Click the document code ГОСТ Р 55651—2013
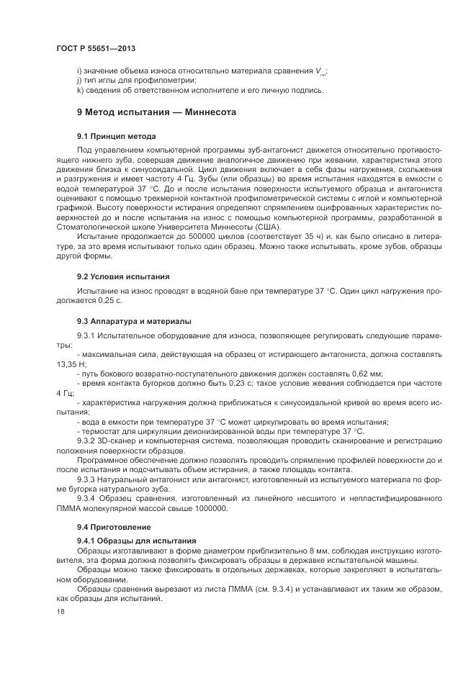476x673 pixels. [x=96, y=48]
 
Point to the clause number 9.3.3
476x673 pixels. [x=88, y=479]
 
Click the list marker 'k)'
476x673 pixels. [x=80, y=90]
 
